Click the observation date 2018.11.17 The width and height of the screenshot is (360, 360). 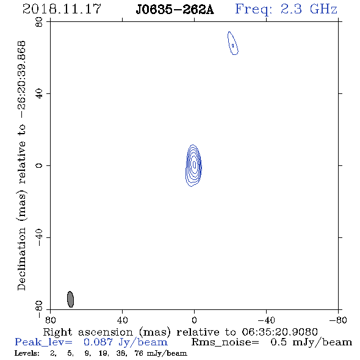pyautogui.click(x=62, y=9)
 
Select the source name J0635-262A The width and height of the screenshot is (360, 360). pyautogui.click(x=175, y=10)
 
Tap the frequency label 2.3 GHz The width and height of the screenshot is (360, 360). pyautogui.click(x=309, y=9)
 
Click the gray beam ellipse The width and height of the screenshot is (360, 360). pyautogui.click(x=71, y=299)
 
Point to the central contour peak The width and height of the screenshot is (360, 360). pyautogui.click(x=195, y=164)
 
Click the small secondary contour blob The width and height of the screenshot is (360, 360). pyautogui.click(x=233, y=43)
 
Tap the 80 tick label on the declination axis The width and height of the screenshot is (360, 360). pyautogui.click(x=39, y=22)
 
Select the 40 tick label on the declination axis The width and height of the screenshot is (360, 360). pyautogui.click(x=39, y=94)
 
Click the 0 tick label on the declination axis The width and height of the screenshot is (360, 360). pyautogui.click(x=39, y=165)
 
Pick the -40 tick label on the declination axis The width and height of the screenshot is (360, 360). pyautogui.click(x=39, y=237)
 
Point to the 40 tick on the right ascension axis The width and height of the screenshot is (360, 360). pyautogui.click(x=123, y=320)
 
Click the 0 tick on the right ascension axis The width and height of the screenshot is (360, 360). pyautogui.click(x=194, y=320)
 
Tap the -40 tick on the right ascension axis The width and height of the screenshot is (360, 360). pyautogui.click(x=266, y=320)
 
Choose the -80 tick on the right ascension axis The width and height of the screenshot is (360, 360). pyautogui.click(x=338, y=320)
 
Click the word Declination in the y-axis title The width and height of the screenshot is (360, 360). pyautogui.click(x=21, y=259)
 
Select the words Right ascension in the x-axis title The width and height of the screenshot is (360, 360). pyautogui.click(x=88, y=332)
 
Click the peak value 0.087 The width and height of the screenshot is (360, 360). pyautogui.click(x=98, y=342)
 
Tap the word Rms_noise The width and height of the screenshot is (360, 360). pyautogui.click(x=225, y=342)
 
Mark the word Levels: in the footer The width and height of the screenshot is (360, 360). pyautogui.click(x=27, y=353)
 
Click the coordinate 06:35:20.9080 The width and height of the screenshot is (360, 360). pyautogui.click(x=279, y=332)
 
